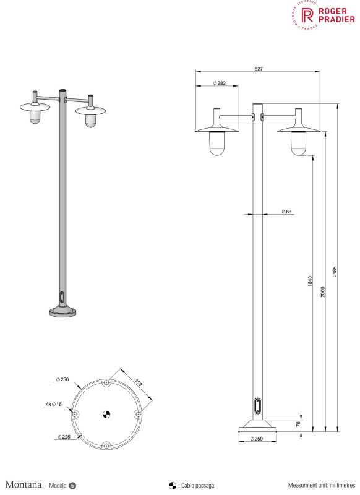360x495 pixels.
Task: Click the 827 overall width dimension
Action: tap(258, 69)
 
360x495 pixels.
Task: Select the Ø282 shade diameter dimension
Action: tap(218, 84)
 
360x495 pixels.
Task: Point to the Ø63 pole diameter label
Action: tap(286, 212)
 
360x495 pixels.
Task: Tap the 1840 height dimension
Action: tap(310, 281)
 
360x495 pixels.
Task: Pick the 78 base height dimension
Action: tap(298, 423)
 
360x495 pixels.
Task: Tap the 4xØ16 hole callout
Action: tap(53, 404)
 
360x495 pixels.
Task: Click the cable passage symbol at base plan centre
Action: tap(106, 415)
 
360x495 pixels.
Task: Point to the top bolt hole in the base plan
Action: tap(106, 383)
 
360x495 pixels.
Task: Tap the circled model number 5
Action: tap(72, 482)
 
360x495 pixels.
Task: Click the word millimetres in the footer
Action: tap(339, 482)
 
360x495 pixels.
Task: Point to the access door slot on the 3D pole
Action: tap(61, 296)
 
